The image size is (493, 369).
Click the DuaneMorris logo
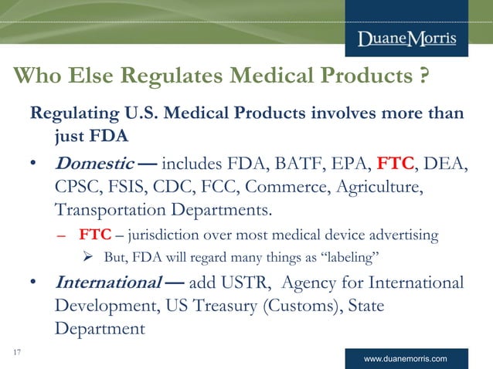(406, 39)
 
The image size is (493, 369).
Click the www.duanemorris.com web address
(407, 359)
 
